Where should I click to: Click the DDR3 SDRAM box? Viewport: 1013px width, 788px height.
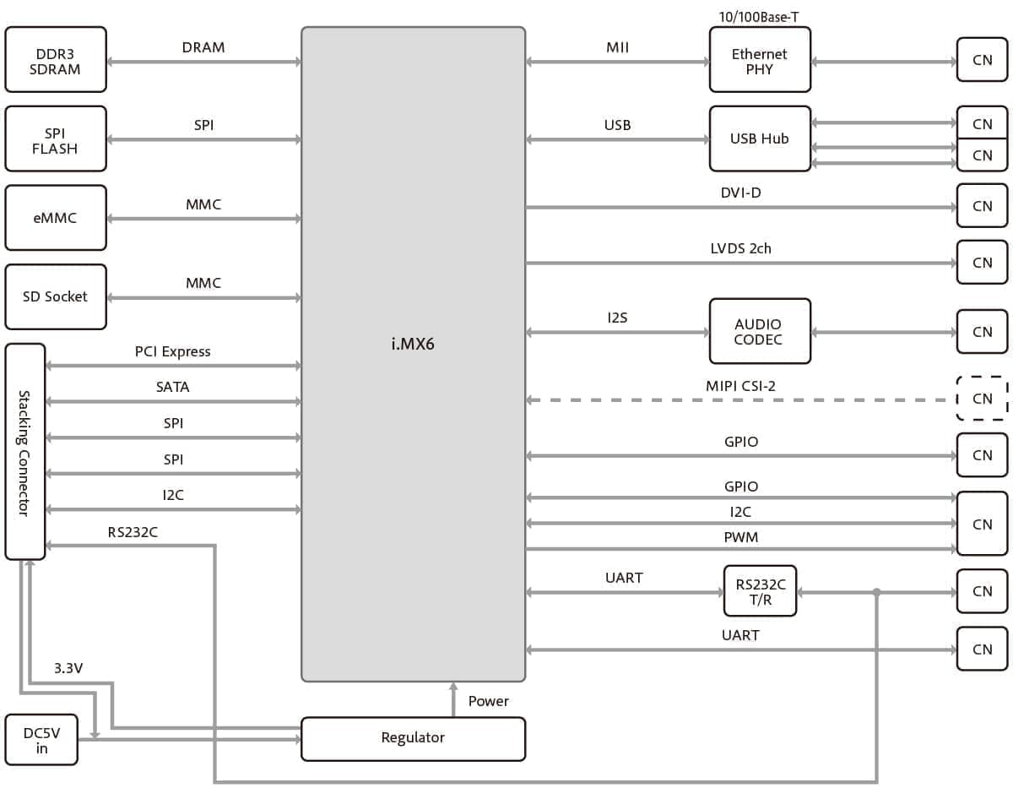pos(56,60)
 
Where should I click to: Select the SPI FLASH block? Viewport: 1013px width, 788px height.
pos(56,139)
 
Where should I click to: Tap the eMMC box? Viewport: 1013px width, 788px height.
pos(56,218)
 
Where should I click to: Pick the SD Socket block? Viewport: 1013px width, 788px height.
pos(56,296)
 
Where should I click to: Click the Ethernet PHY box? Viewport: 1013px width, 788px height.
pos(759,60)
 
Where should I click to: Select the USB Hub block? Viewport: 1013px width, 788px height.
pos(759,139)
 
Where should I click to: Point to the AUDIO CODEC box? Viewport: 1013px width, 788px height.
pos(759,331)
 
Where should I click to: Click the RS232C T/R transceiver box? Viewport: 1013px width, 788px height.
pos(760,591)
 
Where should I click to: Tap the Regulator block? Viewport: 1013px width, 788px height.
pos(413,738)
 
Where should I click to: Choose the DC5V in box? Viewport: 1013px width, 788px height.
pos(41,741)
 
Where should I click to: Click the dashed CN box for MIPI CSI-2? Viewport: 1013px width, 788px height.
pos(982,399)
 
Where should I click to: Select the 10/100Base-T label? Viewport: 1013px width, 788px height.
pos(759,15)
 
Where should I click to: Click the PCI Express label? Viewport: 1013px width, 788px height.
pos(173,351)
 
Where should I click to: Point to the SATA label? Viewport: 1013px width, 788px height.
pos(173,387)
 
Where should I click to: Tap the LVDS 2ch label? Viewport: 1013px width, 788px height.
pos(740,248)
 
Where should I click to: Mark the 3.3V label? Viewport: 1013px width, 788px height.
pos(68,668)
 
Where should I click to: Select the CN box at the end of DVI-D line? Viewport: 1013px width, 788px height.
pos(982,206)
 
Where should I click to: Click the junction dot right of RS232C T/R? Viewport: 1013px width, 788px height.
pos(877,592)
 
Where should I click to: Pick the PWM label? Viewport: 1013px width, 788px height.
pos(740,537)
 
